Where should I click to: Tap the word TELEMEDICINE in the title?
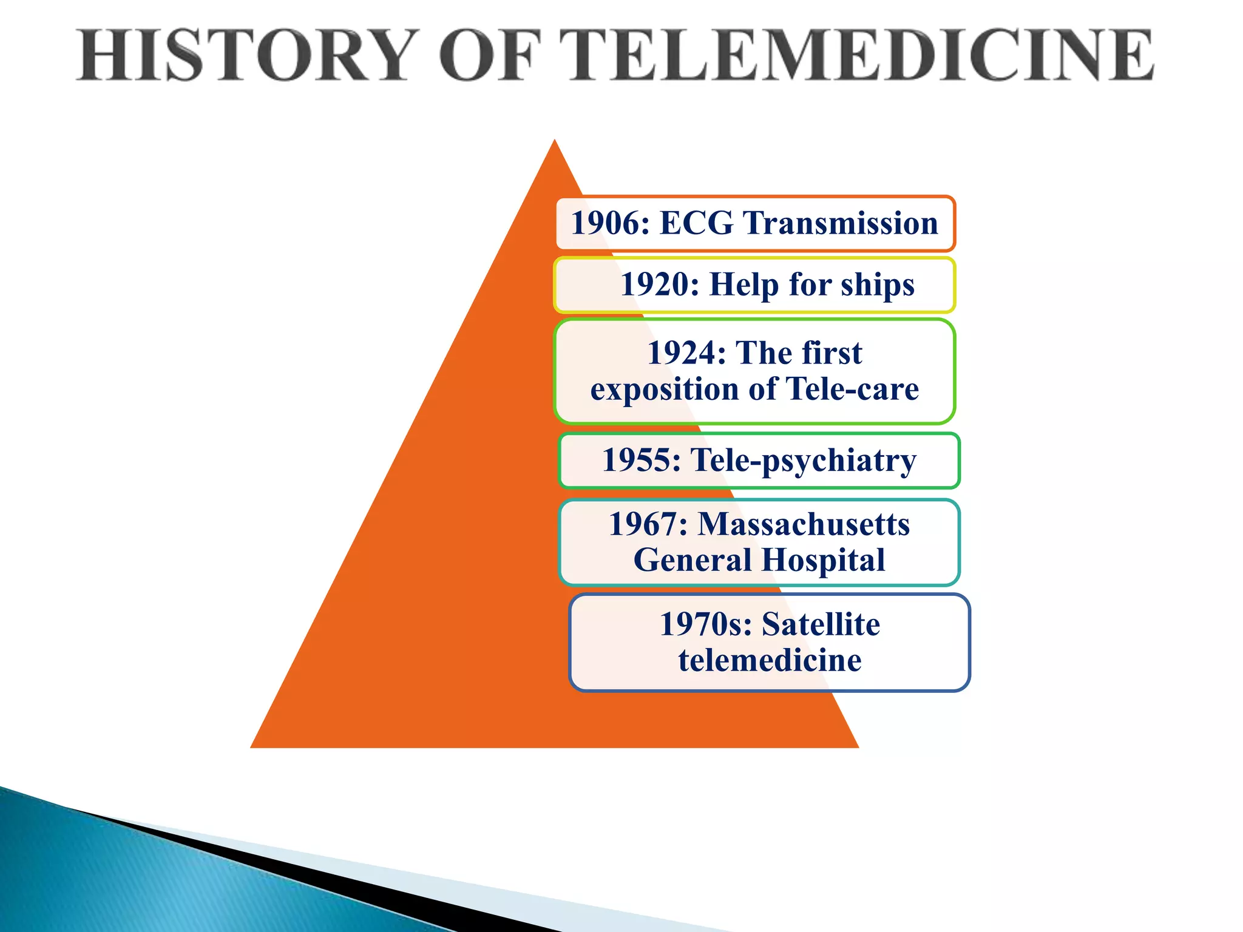pos(856,56)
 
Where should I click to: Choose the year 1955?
pos(641,459)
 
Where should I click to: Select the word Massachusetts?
pos(804,524)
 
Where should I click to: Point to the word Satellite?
pos(821,624)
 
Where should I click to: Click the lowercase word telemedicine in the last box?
pos(770,660)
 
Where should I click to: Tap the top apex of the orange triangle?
pos(554,141)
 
